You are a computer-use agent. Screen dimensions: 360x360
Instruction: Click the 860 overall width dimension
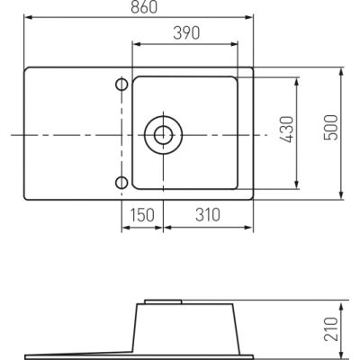(x=144, y=7)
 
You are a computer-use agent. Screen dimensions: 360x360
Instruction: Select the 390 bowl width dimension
(x=186, y=33)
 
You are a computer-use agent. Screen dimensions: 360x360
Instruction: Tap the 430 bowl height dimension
(x=286, y=130)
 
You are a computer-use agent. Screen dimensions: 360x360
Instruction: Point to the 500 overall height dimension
(x=331, y=128)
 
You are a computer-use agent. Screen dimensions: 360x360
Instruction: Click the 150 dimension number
(x=142, y=215)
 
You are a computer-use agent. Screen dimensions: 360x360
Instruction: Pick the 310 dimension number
(x=208, y=215)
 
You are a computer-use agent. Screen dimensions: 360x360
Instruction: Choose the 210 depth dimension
(x=331, y=328)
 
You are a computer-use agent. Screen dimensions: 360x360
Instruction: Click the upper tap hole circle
(x=121, y=85)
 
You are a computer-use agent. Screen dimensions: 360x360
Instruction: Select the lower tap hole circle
(x=121, y=183)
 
